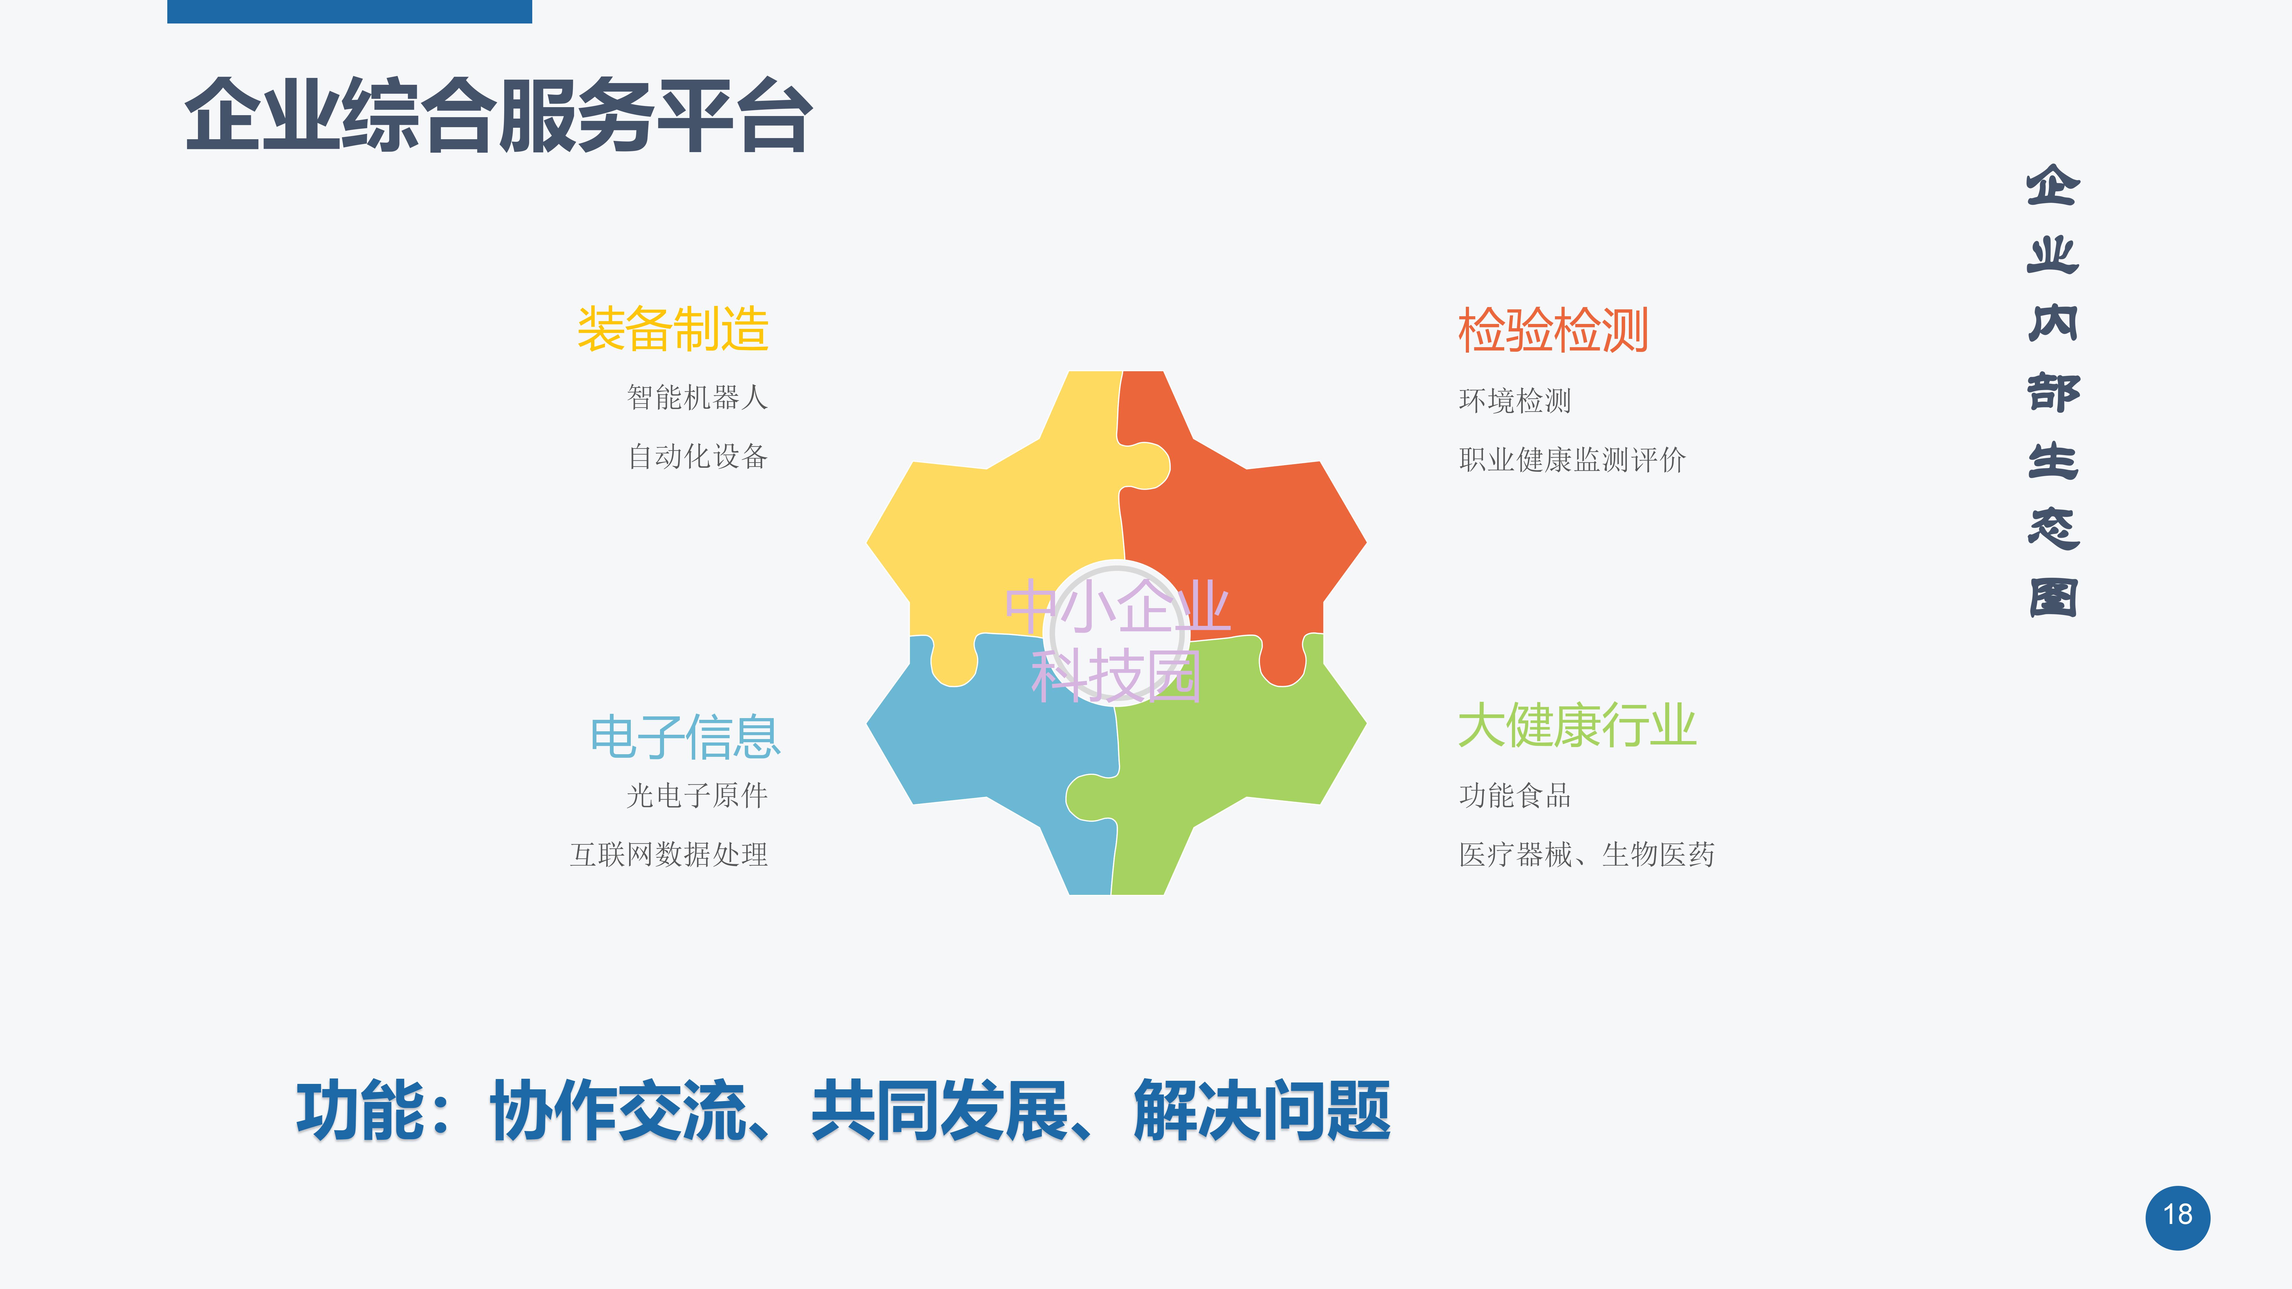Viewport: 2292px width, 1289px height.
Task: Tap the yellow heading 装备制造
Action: (x=673, y=329)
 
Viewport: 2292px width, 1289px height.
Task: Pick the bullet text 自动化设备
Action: (x=698, y=456)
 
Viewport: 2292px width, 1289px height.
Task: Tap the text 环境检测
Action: (x=1515, y=400)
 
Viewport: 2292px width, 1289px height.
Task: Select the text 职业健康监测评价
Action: (x=1572, y=460)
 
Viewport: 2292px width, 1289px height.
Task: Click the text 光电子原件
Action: (x=698, y=795)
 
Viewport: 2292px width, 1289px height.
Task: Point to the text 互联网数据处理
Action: (x=669, y=854)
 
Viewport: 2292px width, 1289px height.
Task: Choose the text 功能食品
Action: (x=1515, y=795)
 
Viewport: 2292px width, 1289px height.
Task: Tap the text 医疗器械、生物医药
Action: (x=1586, y=854)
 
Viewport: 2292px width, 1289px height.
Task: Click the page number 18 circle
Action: (x=2177, y=1217)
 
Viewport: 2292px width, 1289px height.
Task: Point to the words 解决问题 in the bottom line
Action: (x=1262, y=1110)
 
